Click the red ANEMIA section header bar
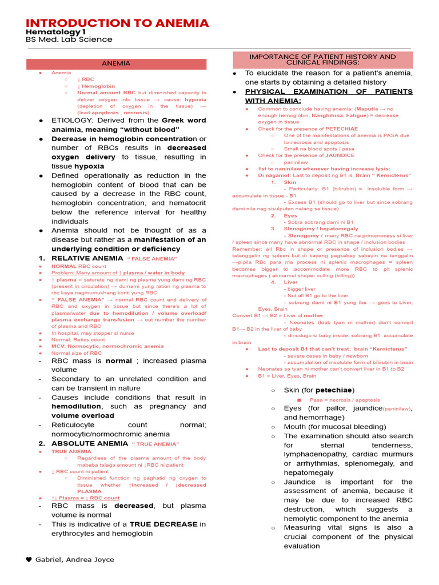click(x=115, y=63)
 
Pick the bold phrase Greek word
click(x=184, y=121)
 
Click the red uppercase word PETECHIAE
click(x=340, y=129)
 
